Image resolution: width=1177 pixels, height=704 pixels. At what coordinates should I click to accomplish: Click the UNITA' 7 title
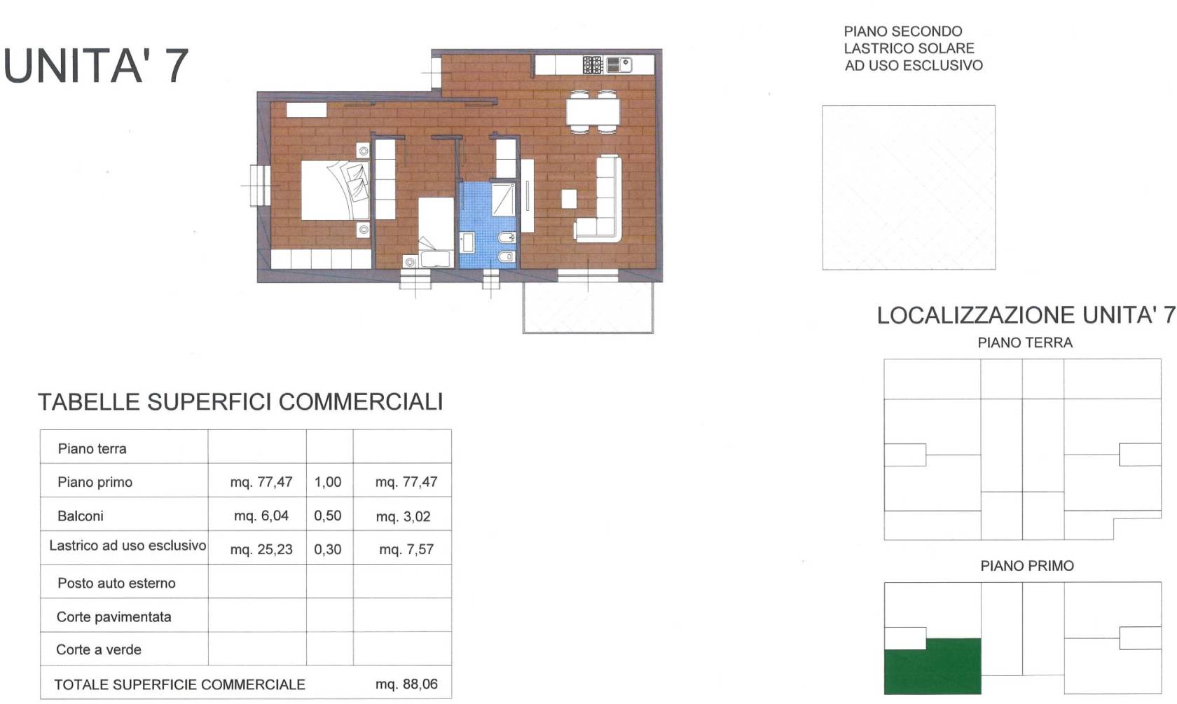(x=95, y=66)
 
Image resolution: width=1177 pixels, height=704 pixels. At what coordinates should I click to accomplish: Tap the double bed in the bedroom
(x=335, y=190)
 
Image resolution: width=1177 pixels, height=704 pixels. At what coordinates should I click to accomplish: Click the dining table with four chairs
(x=593, y=112)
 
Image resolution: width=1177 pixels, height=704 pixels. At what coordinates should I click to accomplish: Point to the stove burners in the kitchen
(x=593, y=64)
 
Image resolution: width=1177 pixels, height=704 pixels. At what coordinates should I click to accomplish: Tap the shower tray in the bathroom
(x=503, y=199)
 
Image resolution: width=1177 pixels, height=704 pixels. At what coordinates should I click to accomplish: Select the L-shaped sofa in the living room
(x=599, y=199)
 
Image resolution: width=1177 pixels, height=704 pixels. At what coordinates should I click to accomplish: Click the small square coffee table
(x=569, y=199)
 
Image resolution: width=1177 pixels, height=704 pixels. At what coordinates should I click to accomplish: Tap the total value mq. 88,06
(x=406, y=684)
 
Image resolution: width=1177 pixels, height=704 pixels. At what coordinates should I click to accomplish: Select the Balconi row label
(x=81, y=516)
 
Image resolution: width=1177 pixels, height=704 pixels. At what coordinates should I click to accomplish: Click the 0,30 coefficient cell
(x=327, y=549)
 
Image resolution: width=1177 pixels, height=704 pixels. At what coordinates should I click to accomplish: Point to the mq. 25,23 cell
(x=261, y=549)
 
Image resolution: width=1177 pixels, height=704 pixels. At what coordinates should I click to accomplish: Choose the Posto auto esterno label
(x=116, y=583)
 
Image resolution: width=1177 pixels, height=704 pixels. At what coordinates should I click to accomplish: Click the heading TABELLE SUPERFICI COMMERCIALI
(x=241, y=402)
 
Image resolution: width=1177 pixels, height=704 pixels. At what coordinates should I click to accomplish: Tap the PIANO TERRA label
(x=1024, y=343)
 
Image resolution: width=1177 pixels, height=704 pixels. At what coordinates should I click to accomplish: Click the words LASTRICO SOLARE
(x=909, y=48)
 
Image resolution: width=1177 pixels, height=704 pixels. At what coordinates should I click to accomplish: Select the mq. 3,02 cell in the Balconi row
(x=403, y=516)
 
